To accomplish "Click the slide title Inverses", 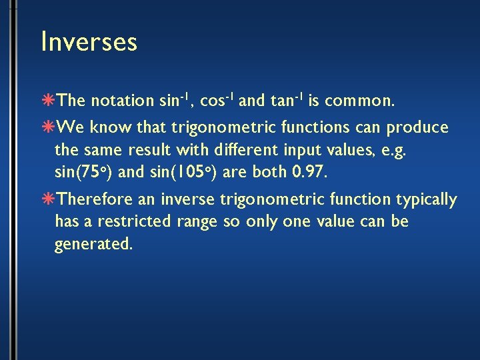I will tap(89, 42).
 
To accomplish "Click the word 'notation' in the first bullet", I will tap(122, 101).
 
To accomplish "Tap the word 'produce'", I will tap(418, 127).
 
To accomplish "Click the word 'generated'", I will tap(94, 244).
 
